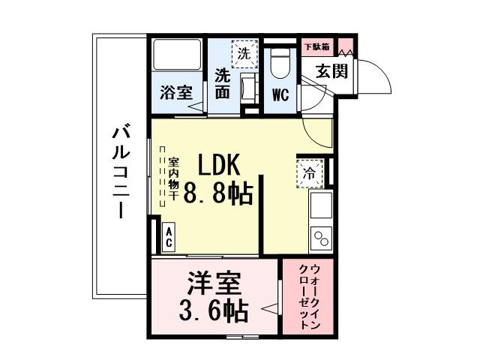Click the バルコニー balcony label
[118, 172]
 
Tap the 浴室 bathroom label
[177, 94]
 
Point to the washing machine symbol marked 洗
[243, 53]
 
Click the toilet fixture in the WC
[280, 64]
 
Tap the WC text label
[280, 95]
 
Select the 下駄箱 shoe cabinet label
[316, 45]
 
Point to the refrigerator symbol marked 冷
[309, 172]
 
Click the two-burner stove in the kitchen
[321, 238]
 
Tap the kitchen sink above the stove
[321, 204]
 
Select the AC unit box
[169, 238]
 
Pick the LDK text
[218, 164]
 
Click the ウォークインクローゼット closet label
[308, 297]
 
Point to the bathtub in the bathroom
[178, 57]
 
